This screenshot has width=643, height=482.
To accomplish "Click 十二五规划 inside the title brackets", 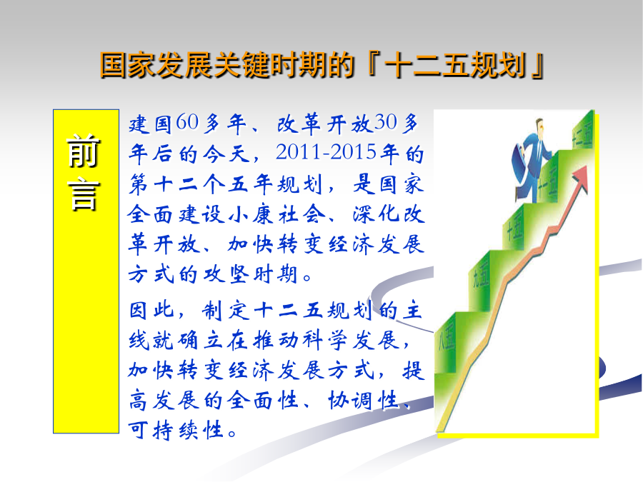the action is pyautogui.click(x=456, y=65).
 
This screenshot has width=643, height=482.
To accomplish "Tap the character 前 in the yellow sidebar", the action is pyautogui.click(x=84, y=151).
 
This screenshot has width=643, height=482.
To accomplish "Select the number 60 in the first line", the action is pyautogui.click(x=187, y=121).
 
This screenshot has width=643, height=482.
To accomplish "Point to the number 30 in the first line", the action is pyautogui.click(x=386, y=121).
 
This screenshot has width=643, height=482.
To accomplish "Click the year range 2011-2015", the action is pyautogui.click(x=326, y=152).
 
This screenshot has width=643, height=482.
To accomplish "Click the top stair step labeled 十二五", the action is pyautogui.click(x=582, y=134).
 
